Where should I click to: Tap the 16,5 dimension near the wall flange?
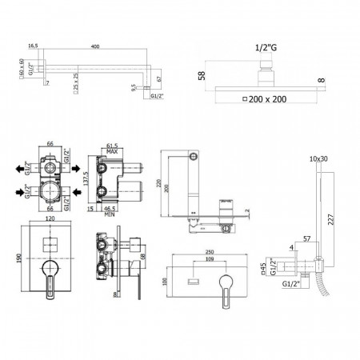(33, 46)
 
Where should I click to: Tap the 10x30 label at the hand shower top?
(318, 159)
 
